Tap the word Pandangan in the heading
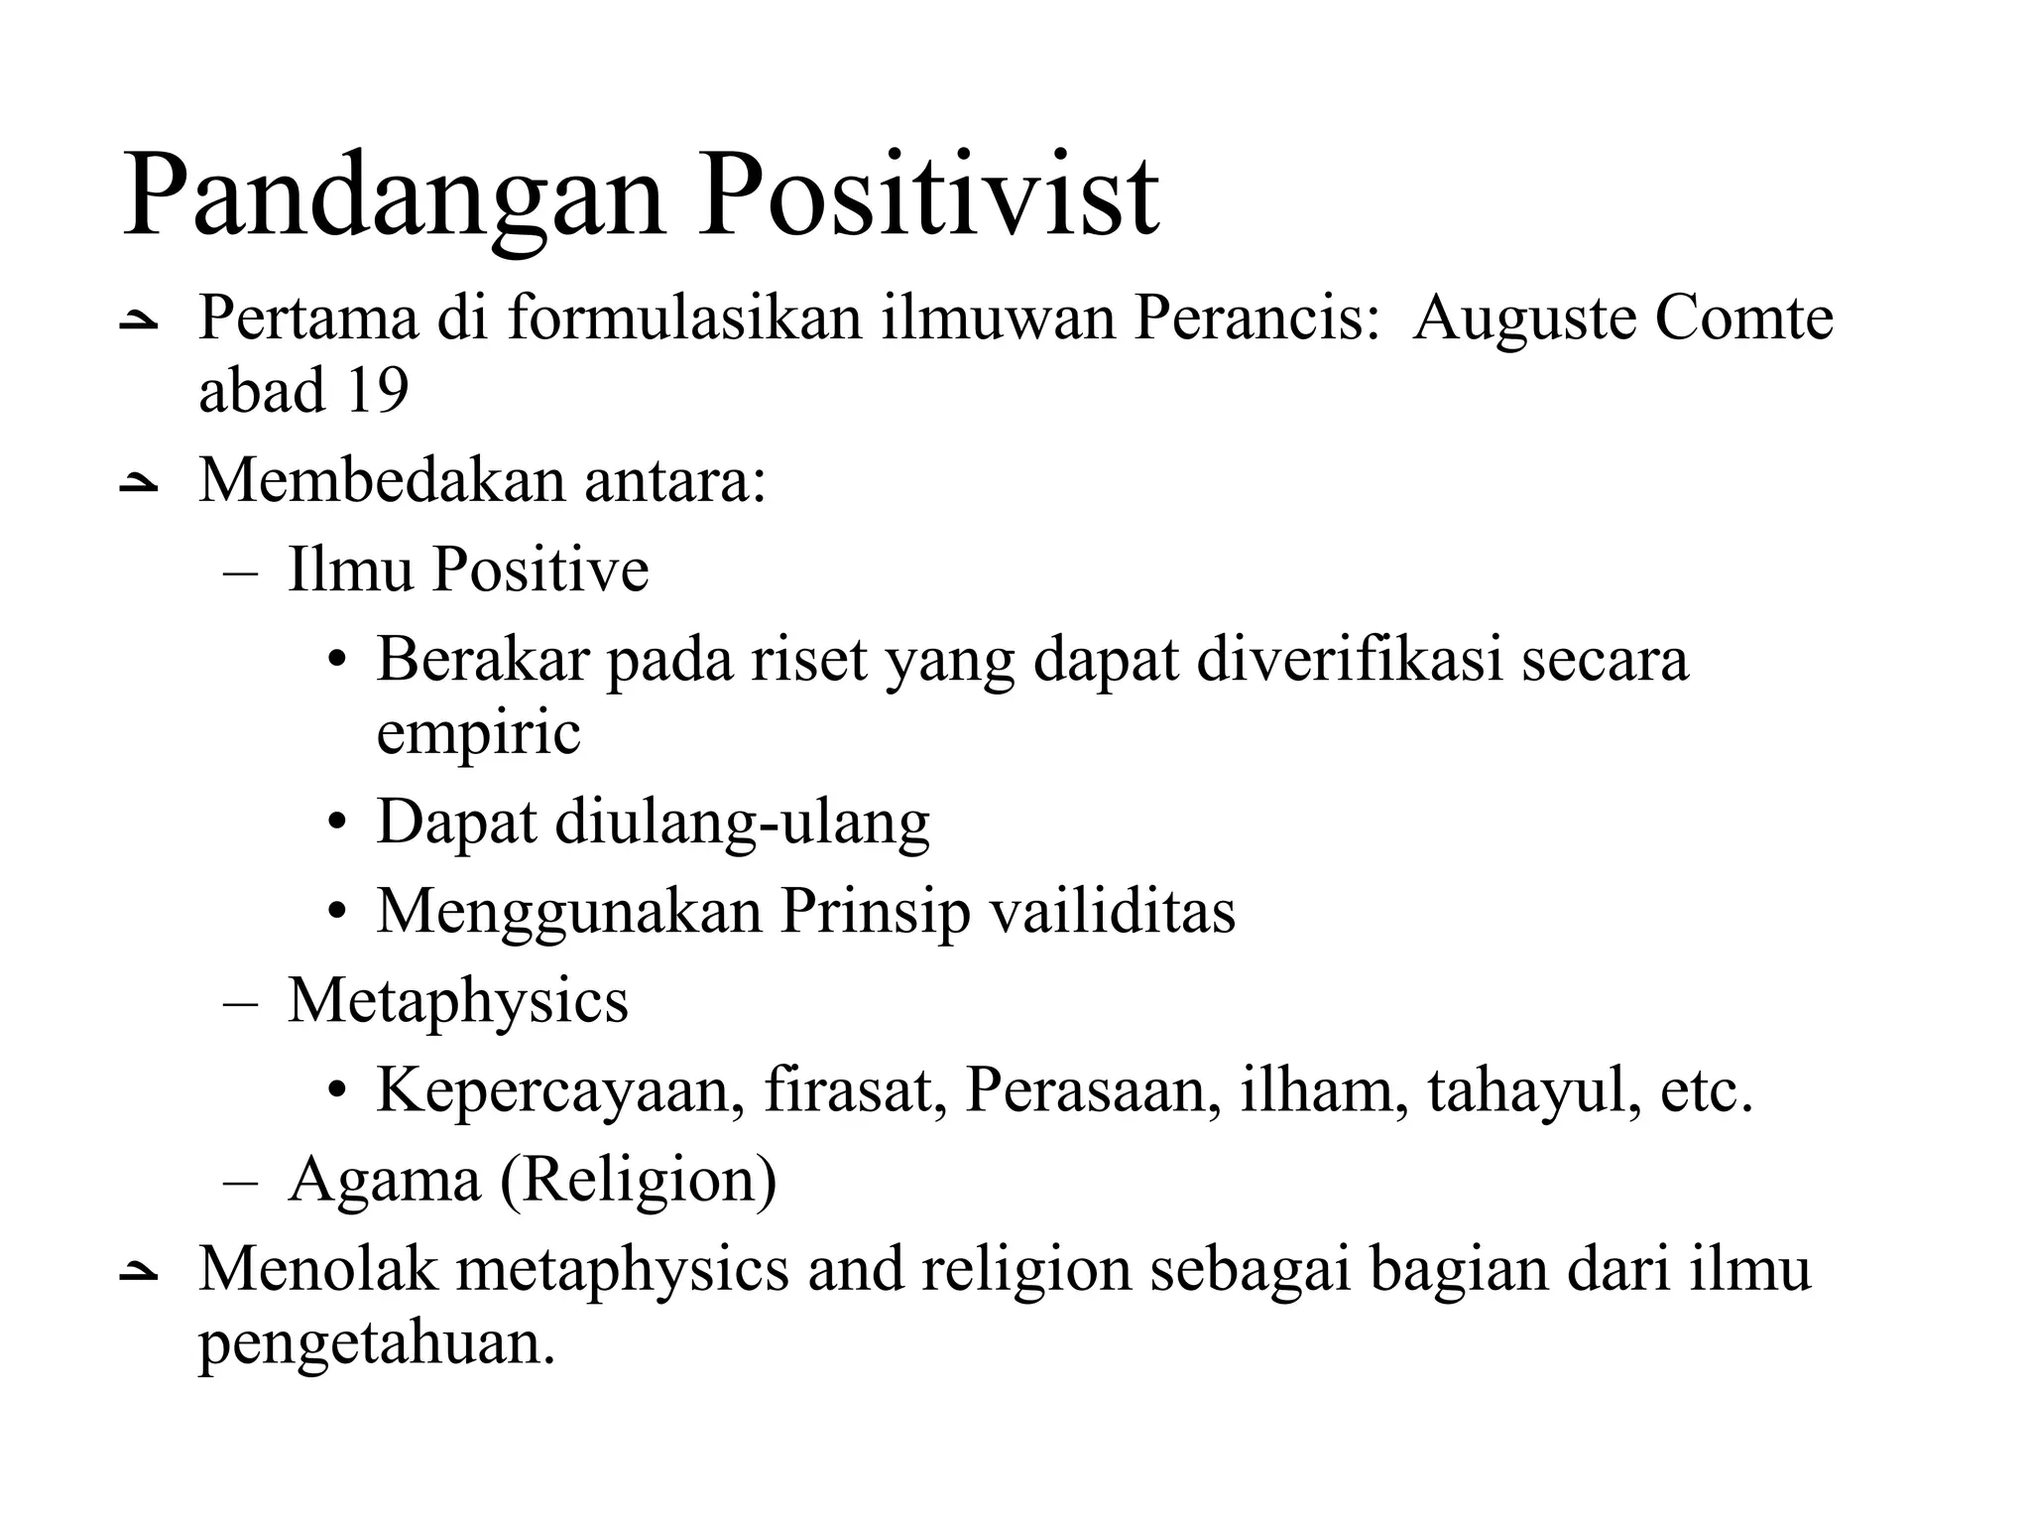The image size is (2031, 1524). pos(393,198)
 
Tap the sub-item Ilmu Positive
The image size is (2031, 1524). pos(468,570)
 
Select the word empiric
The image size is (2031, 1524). pos(478,734)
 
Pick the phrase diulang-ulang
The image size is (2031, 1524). pos(742,824)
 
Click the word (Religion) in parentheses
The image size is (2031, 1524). pos(639,1181)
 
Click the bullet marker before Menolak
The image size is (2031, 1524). pos(138,1272)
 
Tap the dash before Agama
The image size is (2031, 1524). pos(240,1182)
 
